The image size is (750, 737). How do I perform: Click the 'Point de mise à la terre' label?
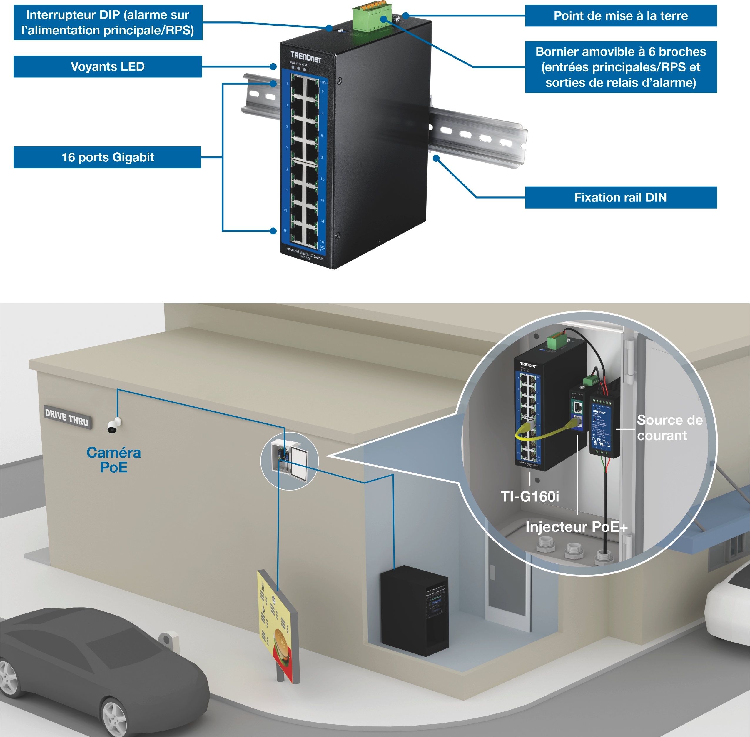coord(620,16)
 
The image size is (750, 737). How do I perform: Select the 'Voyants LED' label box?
coord(108,66)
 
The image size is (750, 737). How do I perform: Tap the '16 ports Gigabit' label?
coord(107,157)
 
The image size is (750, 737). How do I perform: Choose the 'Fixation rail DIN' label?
coord(620,197)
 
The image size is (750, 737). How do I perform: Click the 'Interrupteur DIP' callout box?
coord(108,22)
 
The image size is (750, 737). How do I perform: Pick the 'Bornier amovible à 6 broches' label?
coord(620,67)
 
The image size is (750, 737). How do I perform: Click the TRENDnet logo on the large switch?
coord(306,57)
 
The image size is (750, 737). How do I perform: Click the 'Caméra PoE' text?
coord(113,460)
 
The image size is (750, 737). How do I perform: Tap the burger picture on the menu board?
coord(281,644)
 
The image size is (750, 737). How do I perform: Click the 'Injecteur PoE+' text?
coord(576,527)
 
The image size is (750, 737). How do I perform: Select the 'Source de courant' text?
coord(669,428)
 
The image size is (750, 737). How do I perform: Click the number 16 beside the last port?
coord(322,241)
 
